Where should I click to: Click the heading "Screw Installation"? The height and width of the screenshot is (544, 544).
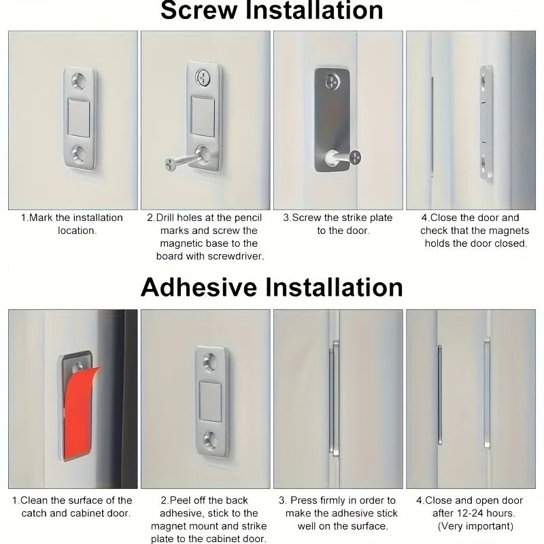(x=271, y=11)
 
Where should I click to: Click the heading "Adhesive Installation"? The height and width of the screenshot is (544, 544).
(x=271, y=286)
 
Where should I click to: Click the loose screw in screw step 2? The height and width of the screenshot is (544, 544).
(x=178, y=162)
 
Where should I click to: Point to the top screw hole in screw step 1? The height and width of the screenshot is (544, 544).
(x=80, y=80)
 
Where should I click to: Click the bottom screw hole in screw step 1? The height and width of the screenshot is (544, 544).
(x=80, y=154)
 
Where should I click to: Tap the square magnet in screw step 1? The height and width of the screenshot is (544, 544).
(x=80, y=117)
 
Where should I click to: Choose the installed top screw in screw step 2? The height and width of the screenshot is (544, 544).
(x=203, y=76)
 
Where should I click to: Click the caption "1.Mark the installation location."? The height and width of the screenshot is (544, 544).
(x=72, y=224)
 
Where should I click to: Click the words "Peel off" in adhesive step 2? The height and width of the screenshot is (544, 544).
(x=192, y=500)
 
